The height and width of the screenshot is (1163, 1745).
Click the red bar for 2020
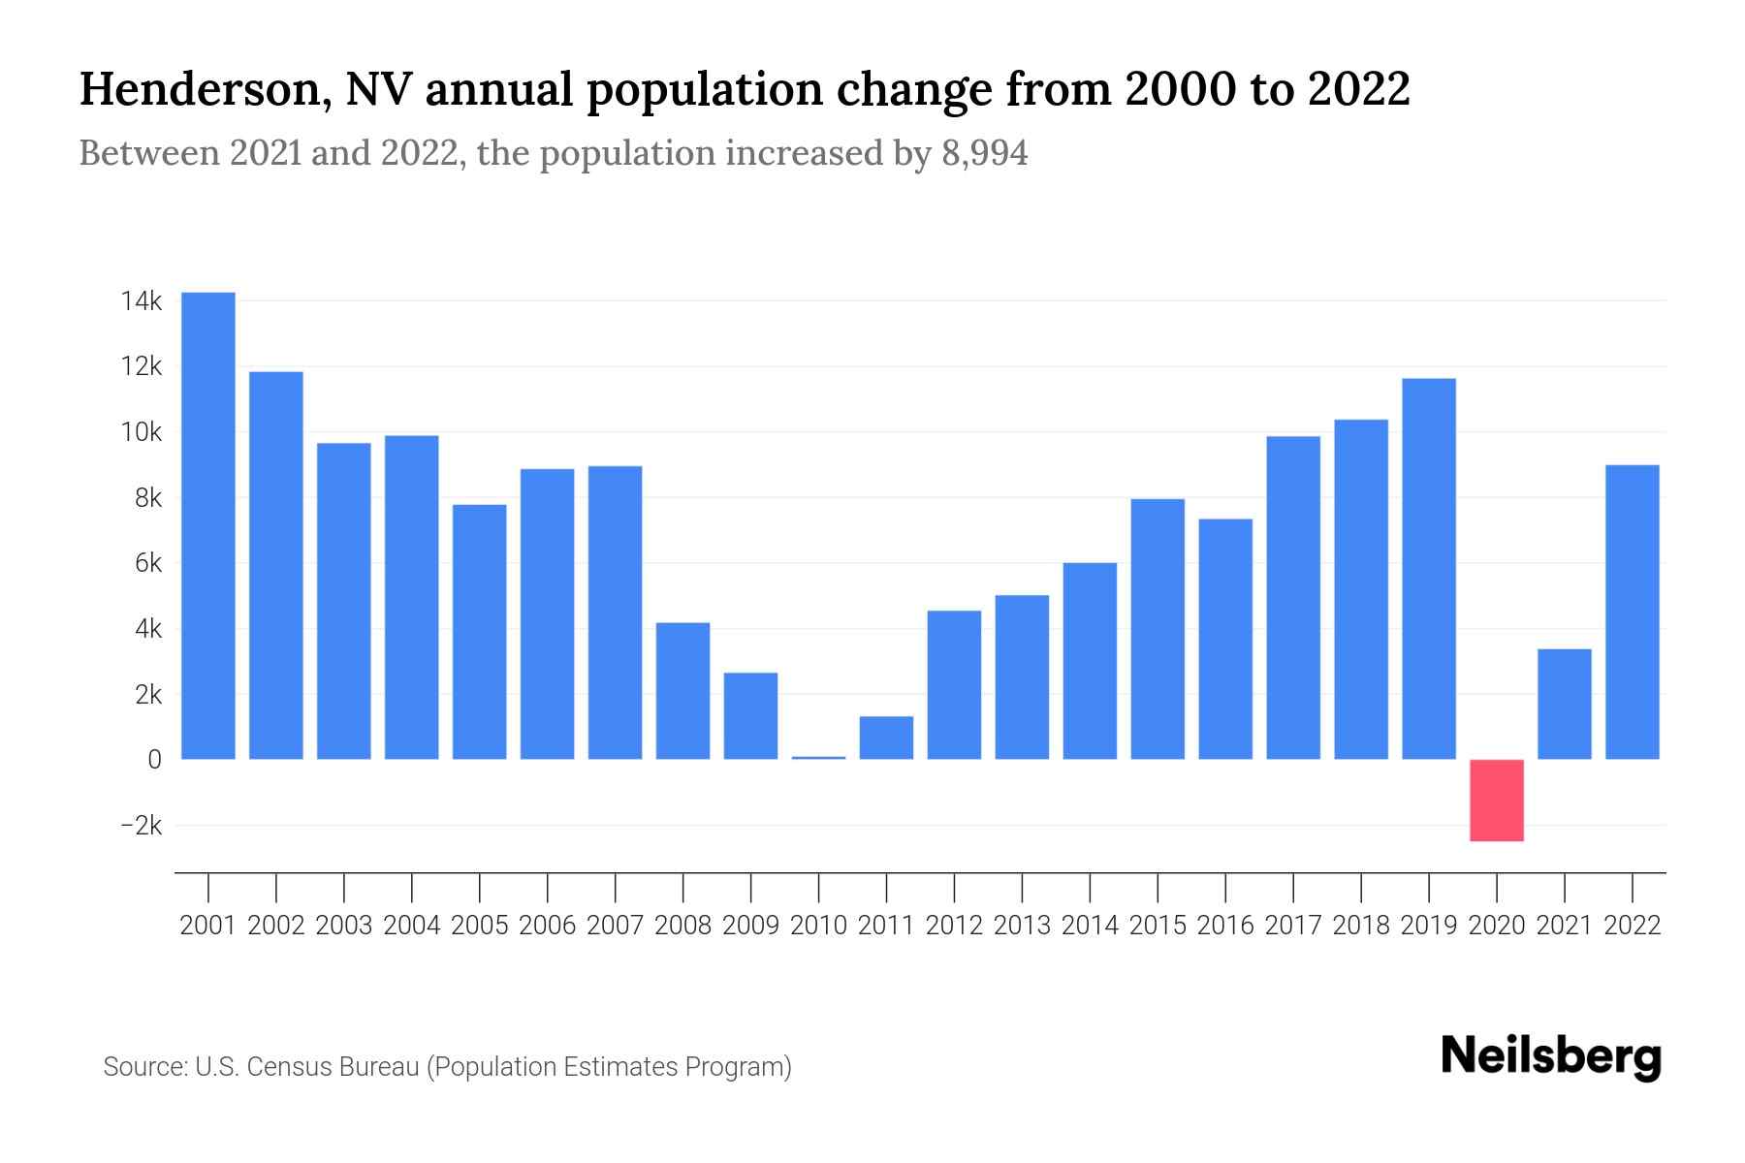(x=1497, y=800)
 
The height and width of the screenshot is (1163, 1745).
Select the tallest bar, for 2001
(x=208, y=525)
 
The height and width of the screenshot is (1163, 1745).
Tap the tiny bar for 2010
(x=818, y=757)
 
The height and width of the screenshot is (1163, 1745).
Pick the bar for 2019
(x=1429, y=569)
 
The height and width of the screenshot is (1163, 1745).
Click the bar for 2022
(x=1633, y=613)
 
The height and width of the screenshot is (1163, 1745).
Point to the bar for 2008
(x=682, y=691)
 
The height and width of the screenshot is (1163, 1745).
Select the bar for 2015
(x=1158, y=629)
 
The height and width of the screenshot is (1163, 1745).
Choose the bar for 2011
(x=886, y=738)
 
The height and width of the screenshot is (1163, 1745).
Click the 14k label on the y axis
(x=142, y=301)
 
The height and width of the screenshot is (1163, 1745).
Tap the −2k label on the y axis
(x=142, y=826)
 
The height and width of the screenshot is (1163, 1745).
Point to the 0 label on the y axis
(x=154, y=760)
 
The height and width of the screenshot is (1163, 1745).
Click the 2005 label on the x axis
(x=480, y=926)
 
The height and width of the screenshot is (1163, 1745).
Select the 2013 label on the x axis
(x=1022, y=926)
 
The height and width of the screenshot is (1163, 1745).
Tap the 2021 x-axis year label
(x=1565, y=926)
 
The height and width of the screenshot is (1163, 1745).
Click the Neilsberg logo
(x=1551, y=1057)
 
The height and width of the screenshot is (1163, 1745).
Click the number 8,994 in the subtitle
(x=984, y=153)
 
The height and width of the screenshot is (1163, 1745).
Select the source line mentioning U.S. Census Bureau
(x=447, y=1067)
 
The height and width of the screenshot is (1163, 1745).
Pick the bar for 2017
(x=1293, y=598)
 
